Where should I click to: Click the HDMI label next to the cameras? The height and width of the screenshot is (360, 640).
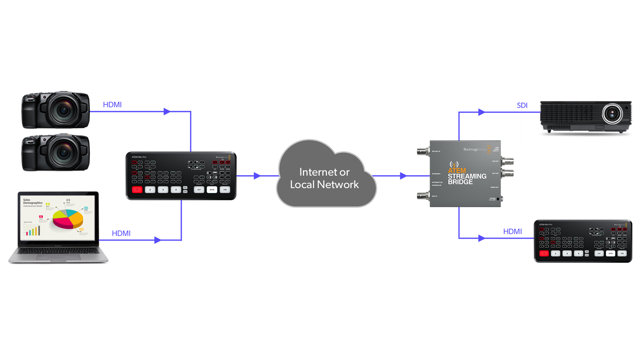[112, 105]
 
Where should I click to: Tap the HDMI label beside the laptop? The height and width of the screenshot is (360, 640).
[121, 233]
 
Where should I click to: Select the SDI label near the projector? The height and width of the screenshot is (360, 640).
[522, 105]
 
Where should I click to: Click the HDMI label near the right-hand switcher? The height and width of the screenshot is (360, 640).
[512, 231]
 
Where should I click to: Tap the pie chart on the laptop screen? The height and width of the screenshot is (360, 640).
[68, 218]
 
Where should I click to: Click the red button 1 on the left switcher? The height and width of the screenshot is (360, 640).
[137, 190]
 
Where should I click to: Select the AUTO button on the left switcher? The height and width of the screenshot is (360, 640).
[212, 190]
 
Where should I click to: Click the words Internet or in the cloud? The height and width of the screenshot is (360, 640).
[324, 172]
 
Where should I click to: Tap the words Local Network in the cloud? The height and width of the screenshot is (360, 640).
[324, 184]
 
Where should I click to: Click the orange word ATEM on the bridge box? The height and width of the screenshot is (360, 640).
[457, 170]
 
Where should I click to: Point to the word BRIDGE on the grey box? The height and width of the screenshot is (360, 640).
[460, 182]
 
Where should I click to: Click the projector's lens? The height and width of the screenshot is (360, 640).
[612, 114]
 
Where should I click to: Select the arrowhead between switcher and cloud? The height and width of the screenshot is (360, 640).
[257, 176]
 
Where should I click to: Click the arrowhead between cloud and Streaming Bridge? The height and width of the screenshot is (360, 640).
[403, 176]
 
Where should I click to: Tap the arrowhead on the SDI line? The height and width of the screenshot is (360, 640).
[481, 112]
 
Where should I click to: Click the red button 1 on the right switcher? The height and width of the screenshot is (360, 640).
[544, 253]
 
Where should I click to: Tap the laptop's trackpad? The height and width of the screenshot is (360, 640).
[58, 257]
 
